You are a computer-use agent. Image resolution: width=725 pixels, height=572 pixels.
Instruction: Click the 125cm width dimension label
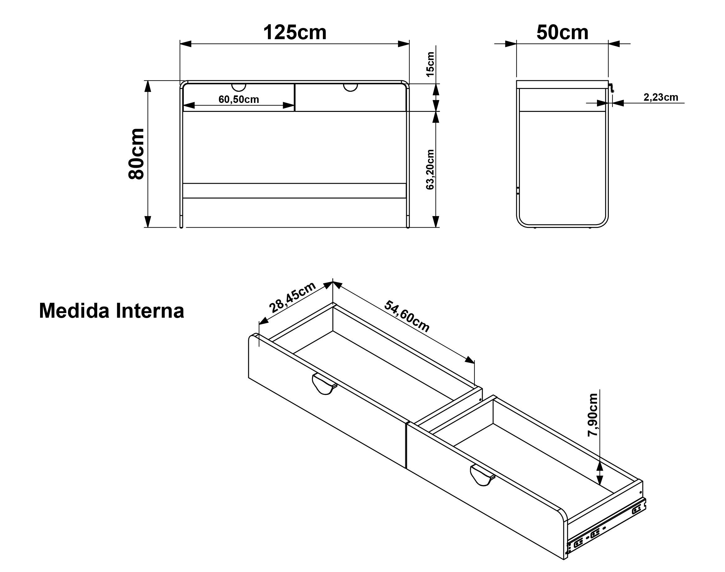tap(295, 32)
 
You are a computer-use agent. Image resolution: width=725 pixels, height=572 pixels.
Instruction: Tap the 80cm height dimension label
tap(136, 154)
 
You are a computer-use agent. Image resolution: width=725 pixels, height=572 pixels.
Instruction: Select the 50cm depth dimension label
tap(562, 32)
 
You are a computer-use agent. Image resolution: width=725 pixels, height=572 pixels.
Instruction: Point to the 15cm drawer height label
tap(430, 64)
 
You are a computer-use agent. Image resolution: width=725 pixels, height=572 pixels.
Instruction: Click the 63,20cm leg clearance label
tap(430, 169)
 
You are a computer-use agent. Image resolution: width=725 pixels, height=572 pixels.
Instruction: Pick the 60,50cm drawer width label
tap(239, 99)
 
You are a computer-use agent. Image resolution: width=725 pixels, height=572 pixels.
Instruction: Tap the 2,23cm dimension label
tap(661, 97)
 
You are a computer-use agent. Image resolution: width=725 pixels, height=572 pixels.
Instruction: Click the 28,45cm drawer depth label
tap(292, 297)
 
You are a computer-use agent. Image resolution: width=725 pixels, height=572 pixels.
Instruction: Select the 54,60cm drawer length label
tap(407, 316)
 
